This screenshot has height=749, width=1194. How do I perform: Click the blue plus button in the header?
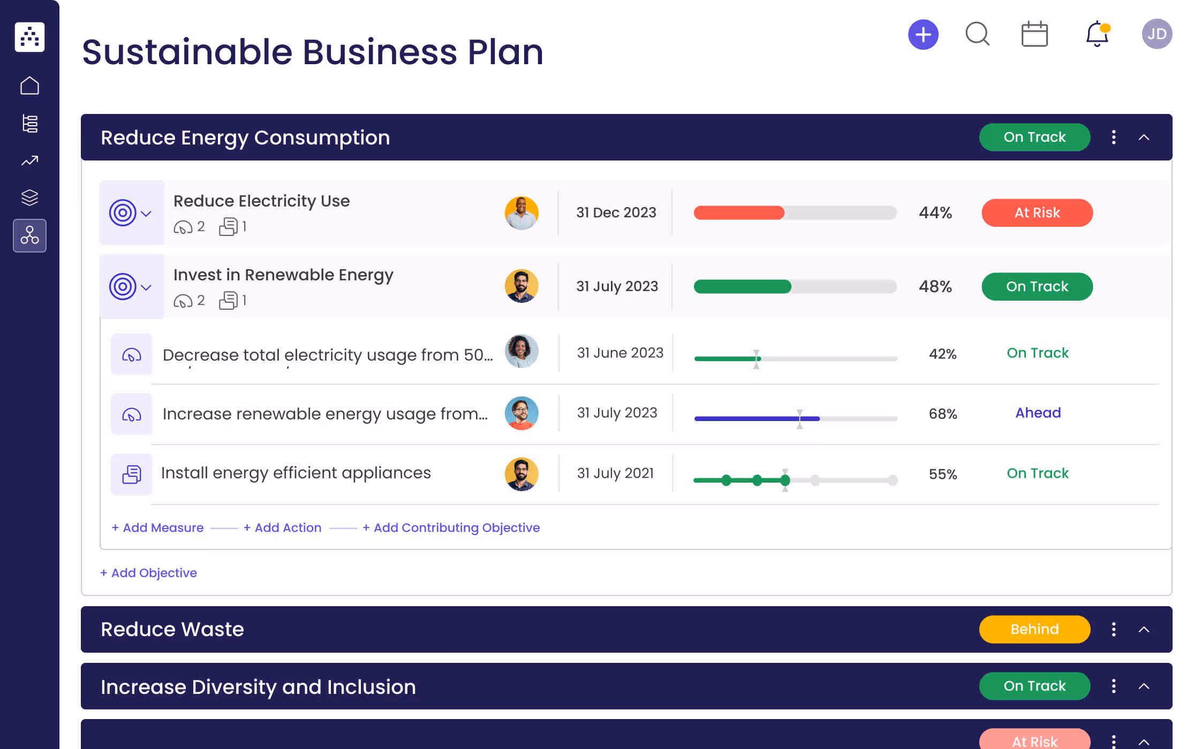(x=923, y=35)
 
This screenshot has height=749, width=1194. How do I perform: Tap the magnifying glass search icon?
(x=977, y=34)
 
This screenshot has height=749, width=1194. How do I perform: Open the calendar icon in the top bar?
(x=1034, y=34)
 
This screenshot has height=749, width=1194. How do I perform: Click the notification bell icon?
(x=1097, y=34)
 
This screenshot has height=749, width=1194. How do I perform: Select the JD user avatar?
(x=1157, y=34)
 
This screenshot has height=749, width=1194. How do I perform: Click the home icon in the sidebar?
(x=29, y=86)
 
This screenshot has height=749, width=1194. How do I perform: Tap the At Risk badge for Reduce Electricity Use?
(x=1037, y=213)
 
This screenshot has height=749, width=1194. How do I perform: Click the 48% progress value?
(x=935, y=287)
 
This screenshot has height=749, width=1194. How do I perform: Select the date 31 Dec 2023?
(x=616, y=213)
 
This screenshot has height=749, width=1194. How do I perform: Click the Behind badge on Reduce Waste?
(x=1034, y=629)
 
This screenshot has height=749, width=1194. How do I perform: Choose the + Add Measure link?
(x=157, y=528)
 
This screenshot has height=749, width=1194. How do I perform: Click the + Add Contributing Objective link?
(x=451, y=528)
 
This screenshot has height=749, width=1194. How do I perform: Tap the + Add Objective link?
(x=148, y=573)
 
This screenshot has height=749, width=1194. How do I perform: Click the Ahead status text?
(x=1038, y=413)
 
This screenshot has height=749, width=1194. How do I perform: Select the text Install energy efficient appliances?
(x=296, y=473)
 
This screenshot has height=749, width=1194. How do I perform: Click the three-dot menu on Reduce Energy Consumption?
(x=1114, y=137)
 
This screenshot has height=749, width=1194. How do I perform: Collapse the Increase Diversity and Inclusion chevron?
(x=1144, y=686)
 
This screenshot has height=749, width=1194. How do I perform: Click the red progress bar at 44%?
(x=739, y=213)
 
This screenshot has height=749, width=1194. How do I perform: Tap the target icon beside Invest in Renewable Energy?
(x=123, y=287)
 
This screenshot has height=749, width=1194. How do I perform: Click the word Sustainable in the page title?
(x=186, y=52)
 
